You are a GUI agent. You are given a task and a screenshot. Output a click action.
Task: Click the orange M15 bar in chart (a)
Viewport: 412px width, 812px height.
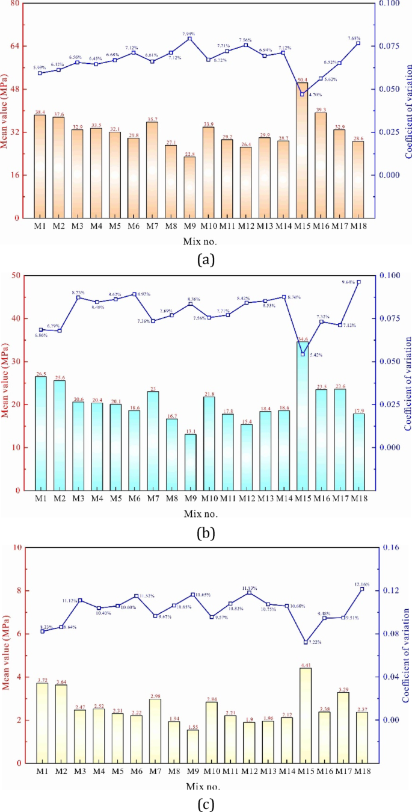pos(303,150)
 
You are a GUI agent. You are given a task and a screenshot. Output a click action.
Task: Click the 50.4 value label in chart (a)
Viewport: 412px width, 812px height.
pos(303,79)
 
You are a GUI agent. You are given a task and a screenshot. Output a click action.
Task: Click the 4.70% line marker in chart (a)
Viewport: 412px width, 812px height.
pos(303,94)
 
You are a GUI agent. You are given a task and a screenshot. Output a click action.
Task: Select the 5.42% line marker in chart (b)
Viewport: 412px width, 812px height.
pos(303,354)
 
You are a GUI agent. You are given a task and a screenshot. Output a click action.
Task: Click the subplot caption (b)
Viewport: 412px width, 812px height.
pos(205,532)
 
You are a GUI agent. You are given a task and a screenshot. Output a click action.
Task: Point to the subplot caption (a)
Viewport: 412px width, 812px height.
pos(205,259)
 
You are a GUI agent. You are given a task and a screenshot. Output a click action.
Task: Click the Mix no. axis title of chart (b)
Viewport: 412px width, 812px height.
pos(200,513)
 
